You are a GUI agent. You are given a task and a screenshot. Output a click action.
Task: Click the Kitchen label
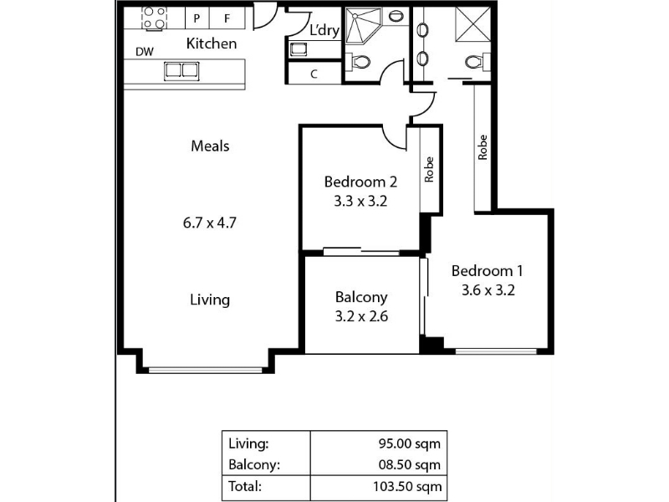tap(212, 44)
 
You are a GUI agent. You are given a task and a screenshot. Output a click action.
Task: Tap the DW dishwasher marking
tap(145, 52)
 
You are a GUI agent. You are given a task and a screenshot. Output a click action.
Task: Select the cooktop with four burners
tap(154, 18)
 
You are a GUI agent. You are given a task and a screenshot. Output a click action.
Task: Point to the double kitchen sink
tap(181, 71)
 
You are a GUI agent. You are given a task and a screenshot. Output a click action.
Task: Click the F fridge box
tap(227, 18)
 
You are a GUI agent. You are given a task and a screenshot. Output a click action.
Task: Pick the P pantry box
tap(197, 18)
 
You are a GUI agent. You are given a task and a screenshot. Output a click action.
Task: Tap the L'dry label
tap(324, 30)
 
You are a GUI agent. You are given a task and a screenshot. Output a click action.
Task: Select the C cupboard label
tap(314, 74)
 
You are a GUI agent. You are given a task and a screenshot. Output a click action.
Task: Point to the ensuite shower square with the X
tap(472, 25)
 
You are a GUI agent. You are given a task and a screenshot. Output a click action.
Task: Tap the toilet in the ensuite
tap(477, 62)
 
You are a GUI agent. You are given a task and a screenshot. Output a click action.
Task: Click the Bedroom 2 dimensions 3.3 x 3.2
tap(360, 201)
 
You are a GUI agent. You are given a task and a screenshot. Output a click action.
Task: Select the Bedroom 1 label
tap(487, 270)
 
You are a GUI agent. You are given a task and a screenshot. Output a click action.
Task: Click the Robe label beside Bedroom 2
tap(429, 170)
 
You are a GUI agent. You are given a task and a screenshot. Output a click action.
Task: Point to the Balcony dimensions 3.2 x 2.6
tap(361, 316)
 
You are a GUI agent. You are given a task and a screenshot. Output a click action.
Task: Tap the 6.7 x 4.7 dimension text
tap(210, 223)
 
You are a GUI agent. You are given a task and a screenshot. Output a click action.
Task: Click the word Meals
tap(210, 146)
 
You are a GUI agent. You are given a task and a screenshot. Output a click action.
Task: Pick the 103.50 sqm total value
tap(407, 486)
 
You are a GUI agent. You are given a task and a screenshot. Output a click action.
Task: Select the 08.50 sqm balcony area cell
tap(410, 464)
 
